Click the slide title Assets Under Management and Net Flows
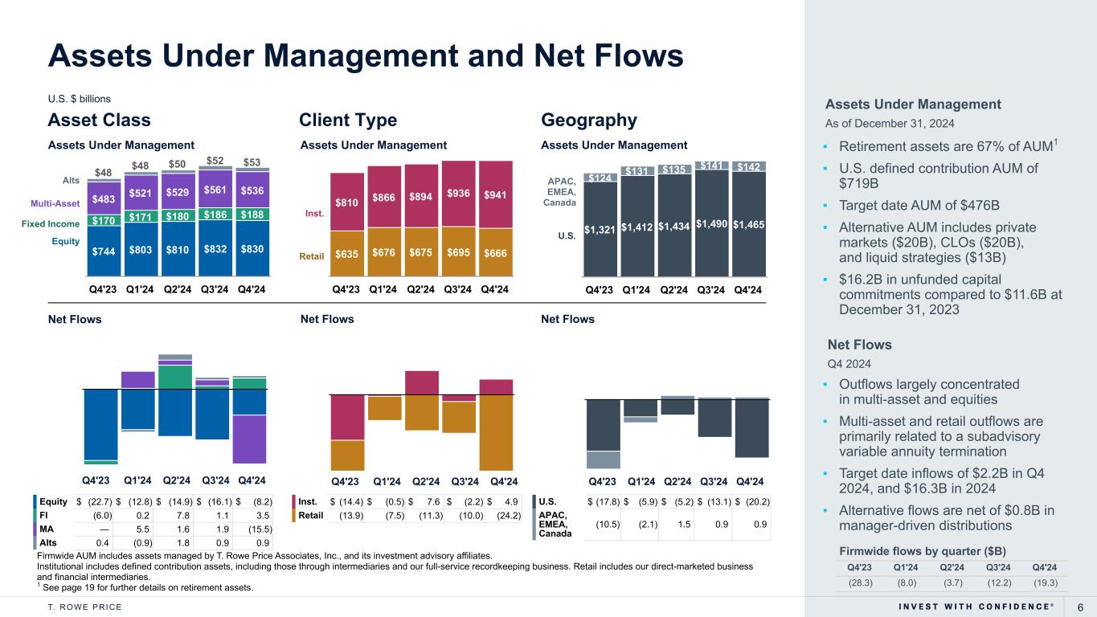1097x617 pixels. click(x=366, y=55)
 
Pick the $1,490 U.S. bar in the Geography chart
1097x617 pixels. click(x=712, y=226)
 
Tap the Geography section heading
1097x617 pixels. click(x=589, y=121)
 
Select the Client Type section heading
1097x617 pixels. click(x=348, y=121)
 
